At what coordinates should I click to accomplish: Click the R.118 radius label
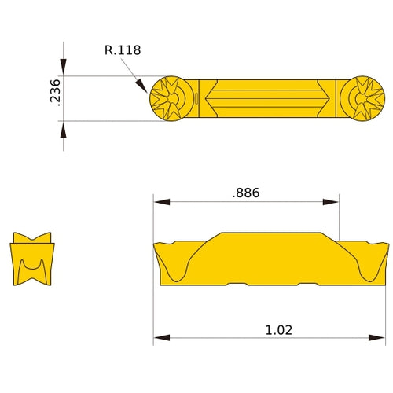(x=123, y=50)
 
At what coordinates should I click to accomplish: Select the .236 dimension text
(x=55, y=92)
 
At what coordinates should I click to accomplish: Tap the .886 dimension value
(x=246, y=193)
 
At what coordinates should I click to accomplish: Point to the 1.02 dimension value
(x=278, y=330)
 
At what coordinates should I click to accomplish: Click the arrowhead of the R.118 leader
(x=141, y=86)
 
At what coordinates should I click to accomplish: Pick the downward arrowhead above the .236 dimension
(x=63, y=67)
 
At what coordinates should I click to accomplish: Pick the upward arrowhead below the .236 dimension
(x=63, y=130)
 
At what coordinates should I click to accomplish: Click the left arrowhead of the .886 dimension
(x=162, y=202)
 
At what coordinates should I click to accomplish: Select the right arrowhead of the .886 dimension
(x=331, y=202)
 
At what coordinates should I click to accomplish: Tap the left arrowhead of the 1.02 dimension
(x=162, y=338)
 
